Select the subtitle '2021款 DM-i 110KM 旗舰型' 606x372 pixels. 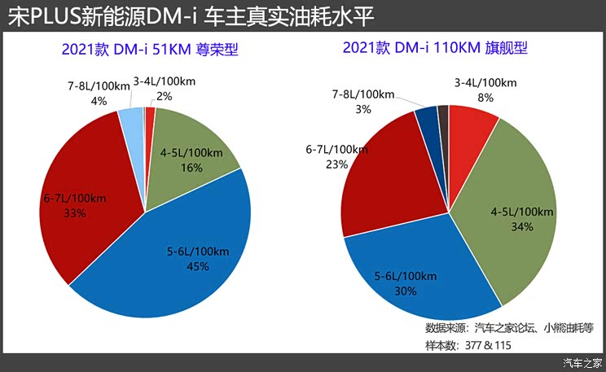coord(435,47)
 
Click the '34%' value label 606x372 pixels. coord(522,227)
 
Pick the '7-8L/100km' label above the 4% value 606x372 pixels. coord(99,86)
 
